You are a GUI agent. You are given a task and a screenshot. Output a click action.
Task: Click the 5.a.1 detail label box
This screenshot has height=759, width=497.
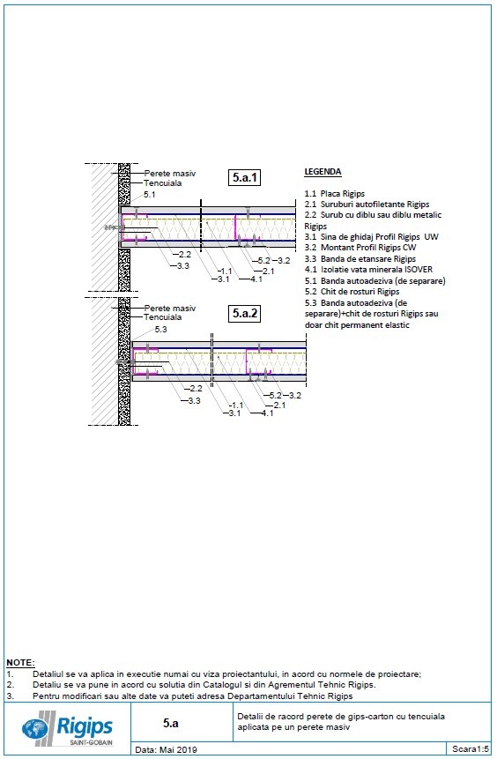[245, 177]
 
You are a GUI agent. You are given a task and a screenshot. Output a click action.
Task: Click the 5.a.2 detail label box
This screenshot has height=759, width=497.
[245, 312]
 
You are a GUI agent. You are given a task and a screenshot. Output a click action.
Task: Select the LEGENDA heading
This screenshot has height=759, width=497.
[323, 171]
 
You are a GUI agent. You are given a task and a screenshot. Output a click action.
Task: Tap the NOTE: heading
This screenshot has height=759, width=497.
[20, 661]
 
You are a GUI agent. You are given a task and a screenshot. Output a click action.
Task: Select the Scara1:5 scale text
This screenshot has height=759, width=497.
[471, 748]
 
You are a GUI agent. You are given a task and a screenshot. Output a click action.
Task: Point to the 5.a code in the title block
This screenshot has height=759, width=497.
[171, 723]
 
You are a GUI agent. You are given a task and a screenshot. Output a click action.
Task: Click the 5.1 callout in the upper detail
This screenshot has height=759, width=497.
[150, 194]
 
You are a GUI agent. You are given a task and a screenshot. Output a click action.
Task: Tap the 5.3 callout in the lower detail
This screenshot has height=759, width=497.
[160, 329]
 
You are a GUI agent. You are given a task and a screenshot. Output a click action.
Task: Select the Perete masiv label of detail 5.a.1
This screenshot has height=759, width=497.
[170, 174]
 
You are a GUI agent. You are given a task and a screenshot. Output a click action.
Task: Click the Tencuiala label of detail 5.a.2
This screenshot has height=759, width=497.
[163, 316]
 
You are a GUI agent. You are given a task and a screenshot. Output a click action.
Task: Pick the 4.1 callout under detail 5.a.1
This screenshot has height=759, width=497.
[256, 279]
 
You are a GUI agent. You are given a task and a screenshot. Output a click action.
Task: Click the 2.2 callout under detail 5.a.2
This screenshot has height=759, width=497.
[194, 388]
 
